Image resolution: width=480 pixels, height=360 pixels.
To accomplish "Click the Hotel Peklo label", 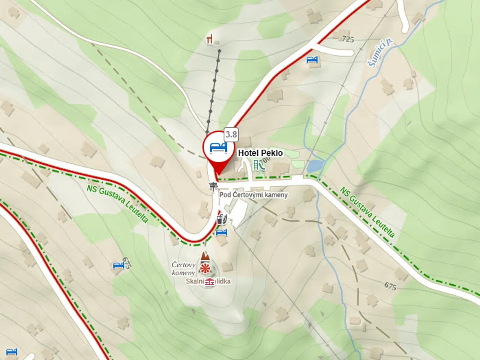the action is pos(260,153).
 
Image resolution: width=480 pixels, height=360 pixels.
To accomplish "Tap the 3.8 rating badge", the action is pos(231,134).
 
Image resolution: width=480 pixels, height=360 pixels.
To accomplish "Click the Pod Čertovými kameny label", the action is pos(253,195).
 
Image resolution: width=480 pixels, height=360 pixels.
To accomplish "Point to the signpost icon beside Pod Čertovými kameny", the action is pos(213,186).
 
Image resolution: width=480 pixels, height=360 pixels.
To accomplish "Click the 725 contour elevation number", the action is pos(348,39).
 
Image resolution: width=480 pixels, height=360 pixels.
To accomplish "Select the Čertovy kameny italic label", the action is pos(184,268).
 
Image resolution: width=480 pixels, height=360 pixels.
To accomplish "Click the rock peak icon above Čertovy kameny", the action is pos(205,256).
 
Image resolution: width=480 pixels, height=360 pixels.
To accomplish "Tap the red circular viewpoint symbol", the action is pos(205,268).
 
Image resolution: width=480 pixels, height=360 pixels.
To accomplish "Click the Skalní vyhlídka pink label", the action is pos(208,281).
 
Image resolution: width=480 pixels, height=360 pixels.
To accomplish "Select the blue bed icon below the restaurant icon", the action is pos(222,232).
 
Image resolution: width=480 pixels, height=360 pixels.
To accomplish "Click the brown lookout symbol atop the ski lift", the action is pos(210,39).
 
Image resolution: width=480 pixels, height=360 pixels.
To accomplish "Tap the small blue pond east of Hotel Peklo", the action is pos(315,165).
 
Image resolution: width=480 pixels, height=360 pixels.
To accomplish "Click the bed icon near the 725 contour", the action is pos(312,60).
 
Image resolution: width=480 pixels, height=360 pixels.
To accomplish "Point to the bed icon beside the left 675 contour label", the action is pos(118,265).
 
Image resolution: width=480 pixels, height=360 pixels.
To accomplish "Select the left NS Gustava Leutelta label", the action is pos(118,204).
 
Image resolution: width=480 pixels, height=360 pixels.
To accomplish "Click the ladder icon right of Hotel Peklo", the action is pos(256,164).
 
